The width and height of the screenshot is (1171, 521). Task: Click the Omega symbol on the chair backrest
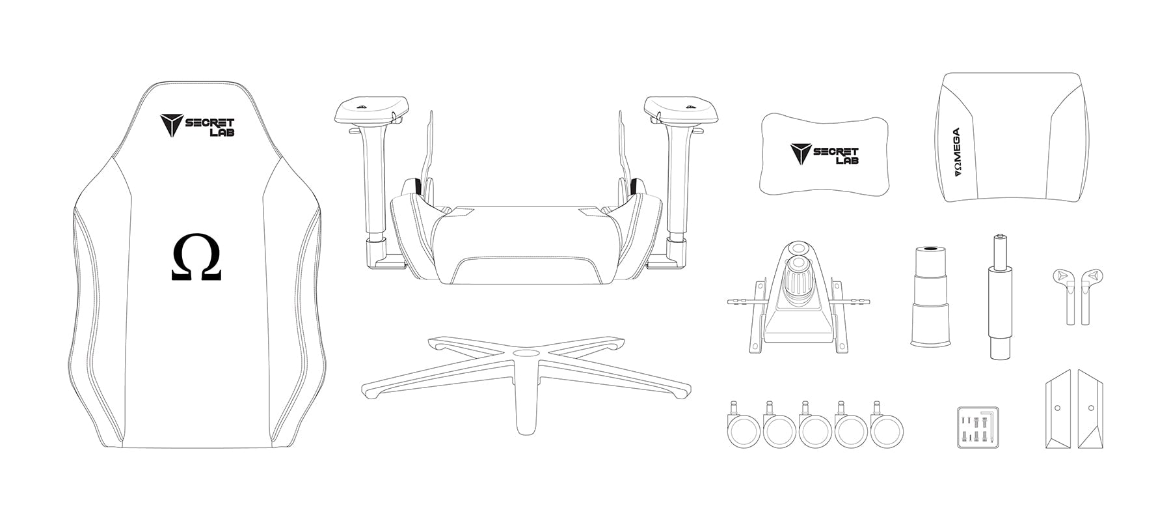point(196,259)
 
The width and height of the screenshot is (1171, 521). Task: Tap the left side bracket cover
point(1058,408)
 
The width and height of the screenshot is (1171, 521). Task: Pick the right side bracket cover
point(1091,408)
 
